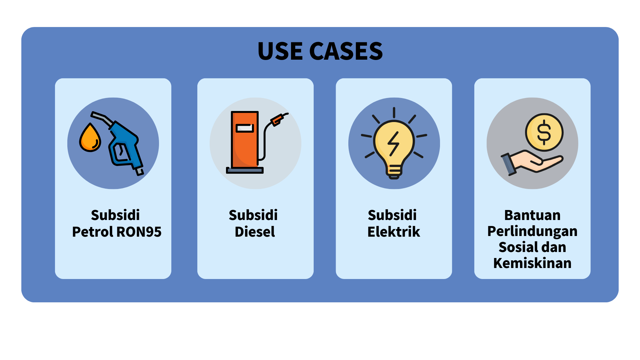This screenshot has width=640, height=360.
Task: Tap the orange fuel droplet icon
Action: pyautogui.click(x=90, y=138)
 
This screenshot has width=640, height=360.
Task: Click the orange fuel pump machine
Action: pyautogui.click(x=245, y=140)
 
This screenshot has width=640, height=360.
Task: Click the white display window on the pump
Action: pyautogui.click(x=245, y=128)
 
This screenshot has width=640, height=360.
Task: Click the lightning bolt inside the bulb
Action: pyautogui.click(x=394, y=144)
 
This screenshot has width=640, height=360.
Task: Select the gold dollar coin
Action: pyautogui.click(x=544, y=132)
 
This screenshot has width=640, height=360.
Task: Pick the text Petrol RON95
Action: pyautogui.click(x=117, y=232)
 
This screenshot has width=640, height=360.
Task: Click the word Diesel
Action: pyautogui.click(x=255, y=232)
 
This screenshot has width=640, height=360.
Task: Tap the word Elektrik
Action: pyautogui.click(x=394, y=232)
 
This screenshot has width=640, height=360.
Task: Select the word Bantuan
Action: pyautogui.click(x=532, y=215)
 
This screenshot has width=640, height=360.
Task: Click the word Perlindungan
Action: pyautogui.click(x=532, y=231)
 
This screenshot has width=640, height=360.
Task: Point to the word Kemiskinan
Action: pyautogui.click(x=532, y=263)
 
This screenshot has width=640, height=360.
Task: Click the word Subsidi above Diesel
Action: pyautogui.click(x=253, y=215)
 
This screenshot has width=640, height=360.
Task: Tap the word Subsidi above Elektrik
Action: pyautogui.click(x=392, y=215)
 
